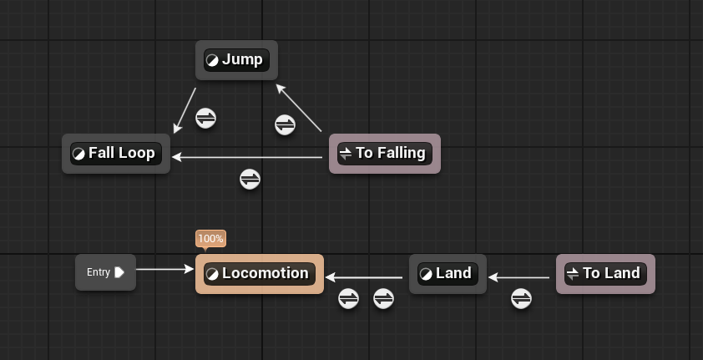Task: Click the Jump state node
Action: (236, 60)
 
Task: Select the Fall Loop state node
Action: (116, 154)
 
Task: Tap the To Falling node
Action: (384, 154)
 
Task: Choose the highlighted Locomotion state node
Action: (259, 274)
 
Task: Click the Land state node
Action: (448, 274)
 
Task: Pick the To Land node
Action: (605, 274)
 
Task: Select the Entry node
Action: (105, 272)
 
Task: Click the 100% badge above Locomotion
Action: (210, 239)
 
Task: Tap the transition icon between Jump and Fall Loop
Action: (206, 118)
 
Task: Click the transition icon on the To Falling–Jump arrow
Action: (285, 125)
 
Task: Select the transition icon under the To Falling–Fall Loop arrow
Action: (250, 179)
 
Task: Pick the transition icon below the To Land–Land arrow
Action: (521, 298)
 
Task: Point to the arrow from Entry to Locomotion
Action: (164, 269)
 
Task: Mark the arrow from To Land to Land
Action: (522, 276)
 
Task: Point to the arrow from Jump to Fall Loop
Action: (185, 110)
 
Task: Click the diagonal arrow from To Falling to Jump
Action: (299, 108)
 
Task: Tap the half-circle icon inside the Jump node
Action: (213, 60)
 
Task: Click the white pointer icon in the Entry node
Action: (119, 272)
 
